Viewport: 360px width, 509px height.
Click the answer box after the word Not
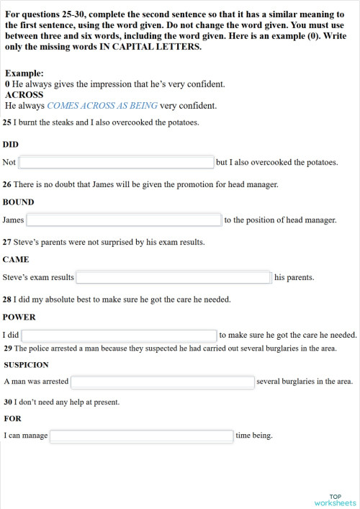116,163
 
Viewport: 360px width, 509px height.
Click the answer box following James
124,220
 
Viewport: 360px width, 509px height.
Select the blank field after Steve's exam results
173,277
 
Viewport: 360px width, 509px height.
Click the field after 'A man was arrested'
163,382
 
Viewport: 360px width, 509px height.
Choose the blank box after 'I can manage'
142,436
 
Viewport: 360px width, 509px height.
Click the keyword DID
11,144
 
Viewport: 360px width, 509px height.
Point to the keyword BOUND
18,202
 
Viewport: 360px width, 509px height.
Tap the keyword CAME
16,259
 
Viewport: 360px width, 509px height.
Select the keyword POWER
19,317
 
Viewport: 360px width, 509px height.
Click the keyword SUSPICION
26,364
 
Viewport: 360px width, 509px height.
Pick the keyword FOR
12,418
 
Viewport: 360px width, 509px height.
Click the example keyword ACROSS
24,94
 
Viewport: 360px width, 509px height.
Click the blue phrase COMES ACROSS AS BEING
102,106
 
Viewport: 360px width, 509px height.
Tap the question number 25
7,122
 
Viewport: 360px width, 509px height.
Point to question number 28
7,299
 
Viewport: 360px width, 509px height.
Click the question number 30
7,402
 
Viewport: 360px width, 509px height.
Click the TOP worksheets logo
335,500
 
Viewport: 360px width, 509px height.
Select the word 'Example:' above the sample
24,73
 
